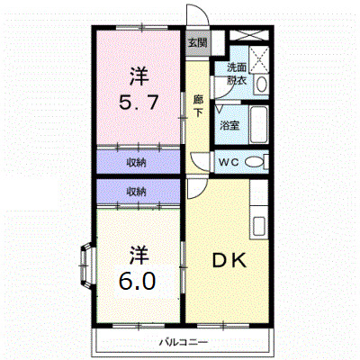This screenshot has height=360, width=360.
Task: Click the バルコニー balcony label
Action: (x=184, y=342)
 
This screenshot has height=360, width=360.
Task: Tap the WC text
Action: (x=229, y=162)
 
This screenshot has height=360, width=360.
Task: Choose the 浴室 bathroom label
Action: (x=229, y=124)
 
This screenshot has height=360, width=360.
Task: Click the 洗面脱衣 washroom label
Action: (x=237, y=73)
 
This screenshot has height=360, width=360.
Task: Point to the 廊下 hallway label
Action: (x=197, y=105)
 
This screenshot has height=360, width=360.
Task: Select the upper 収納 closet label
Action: (x=137, y=162)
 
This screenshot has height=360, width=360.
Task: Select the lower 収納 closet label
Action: (x=137, y=191)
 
